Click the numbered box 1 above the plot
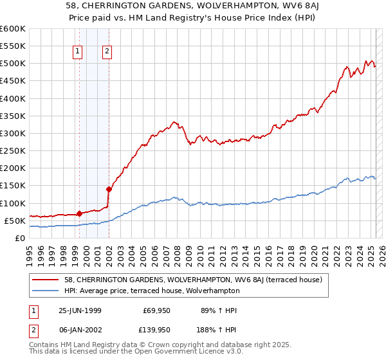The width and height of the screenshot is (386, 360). click(x=78, y=53)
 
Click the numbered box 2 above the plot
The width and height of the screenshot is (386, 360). click(x=106, y=53)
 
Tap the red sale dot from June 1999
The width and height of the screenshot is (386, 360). click(x=79, y=213)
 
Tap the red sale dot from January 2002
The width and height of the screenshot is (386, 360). click(x=108, y=189)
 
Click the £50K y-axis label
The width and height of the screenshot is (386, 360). click(x=15, y=221)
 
